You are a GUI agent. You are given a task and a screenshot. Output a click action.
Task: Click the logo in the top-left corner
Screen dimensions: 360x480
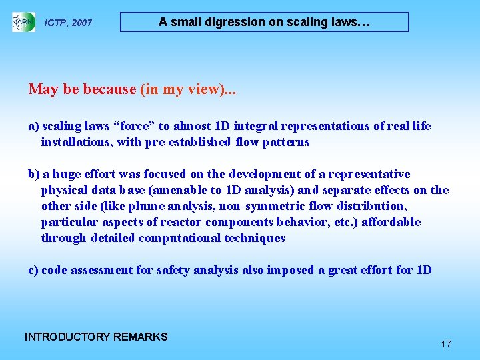23,22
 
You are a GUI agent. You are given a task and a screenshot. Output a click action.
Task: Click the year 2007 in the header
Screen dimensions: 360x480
82,23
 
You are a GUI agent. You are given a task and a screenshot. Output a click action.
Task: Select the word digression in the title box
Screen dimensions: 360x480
233,22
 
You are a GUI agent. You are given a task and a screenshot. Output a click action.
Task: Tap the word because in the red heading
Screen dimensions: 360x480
100,89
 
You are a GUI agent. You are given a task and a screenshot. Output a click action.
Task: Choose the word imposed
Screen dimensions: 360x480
290,270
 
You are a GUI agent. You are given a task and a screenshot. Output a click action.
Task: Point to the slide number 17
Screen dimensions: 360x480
446,344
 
